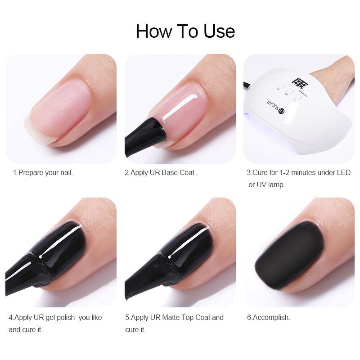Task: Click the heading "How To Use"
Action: click(x=185, y=31)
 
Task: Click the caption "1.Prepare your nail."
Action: click(x=43, y=172)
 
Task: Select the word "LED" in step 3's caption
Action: click(x=343, y=172)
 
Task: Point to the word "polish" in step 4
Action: click(x=63, y=317)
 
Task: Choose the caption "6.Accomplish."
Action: click(x=268, y=317)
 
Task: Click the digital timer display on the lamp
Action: click(x=298, y=83)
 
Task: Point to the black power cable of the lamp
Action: click(x=248, y=84)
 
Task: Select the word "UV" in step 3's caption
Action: click(x=261, y=184)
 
